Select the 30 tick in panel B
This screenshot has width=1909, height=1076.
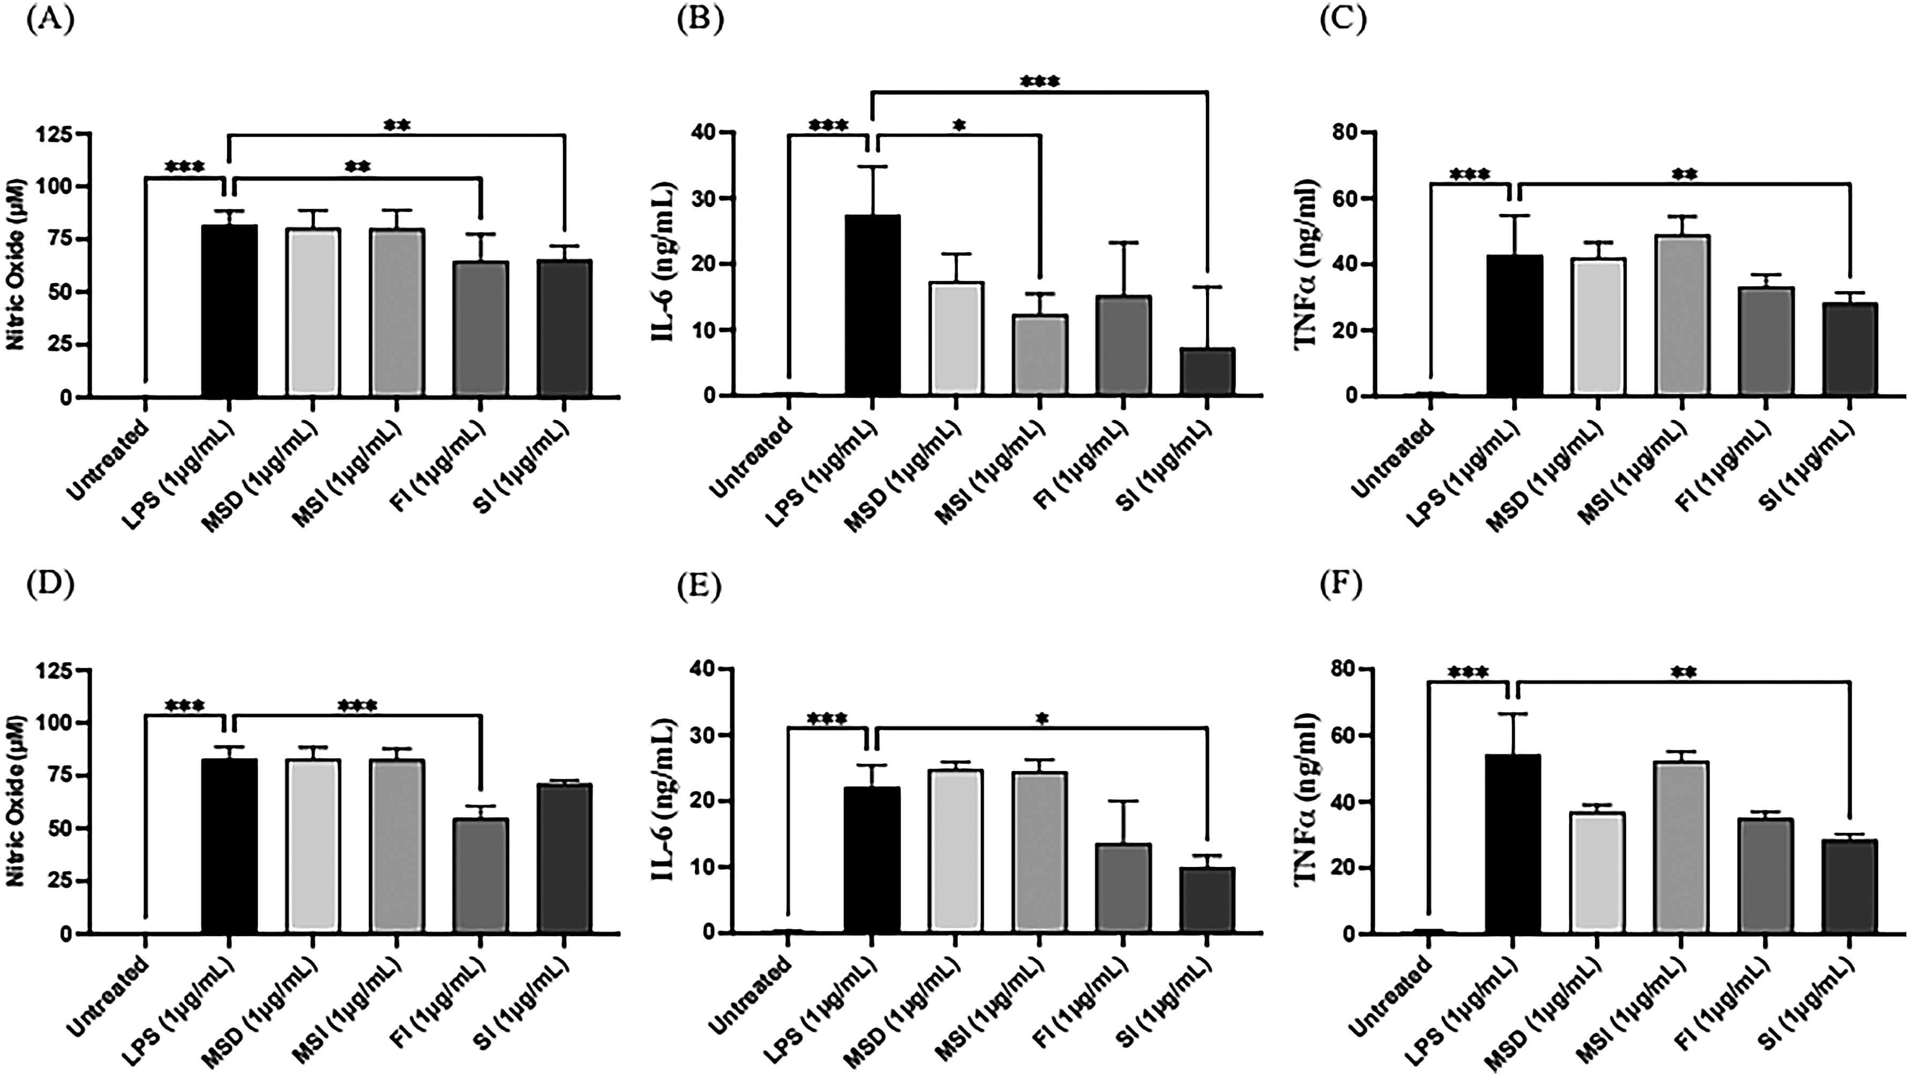pos(701,198)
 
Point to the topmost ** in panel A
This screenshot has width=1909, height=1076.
pos(396,125)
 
